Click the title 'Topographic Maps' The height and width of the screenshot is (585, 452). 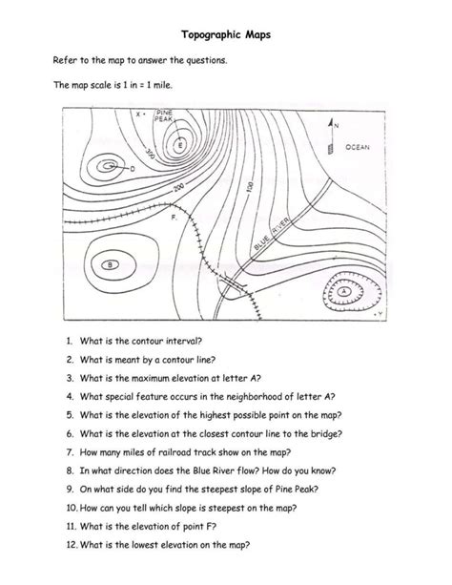pyautogui.click(x=226, y=32)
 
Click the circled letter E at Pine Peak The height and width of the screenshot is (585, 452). pyautogui.click(x=179, y=145)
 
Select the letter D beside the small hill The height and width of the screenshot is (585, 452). pyautogui.click(x=132, y=169)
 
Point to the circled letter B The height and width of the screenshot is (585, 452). pyautogui.click(x=111, y=264)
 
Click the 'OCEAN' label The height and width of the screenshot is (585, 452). pyautogui.click(x=358, y=148)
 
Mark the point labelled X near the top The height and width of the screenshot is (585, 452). pyautogui.click(x=139, y=114)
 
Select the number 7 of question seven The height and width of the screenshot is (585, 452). pyautogui.click(x=71, y=450)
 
